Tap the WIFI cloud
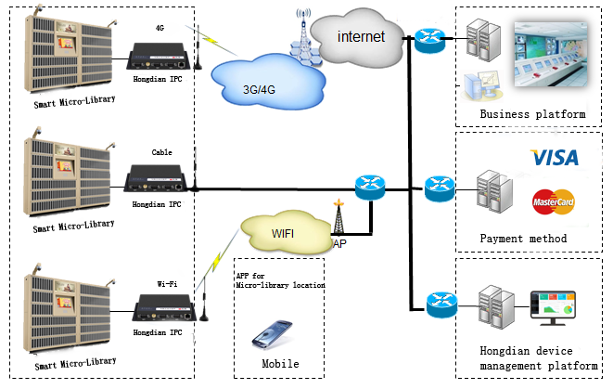[282, 232]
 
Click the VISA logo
[553, 159]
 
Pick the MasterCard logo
[555, 201]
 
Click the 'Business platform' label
[533, 114]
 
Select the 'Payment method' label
[523, 239]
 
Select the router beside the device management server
[440, 305]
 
